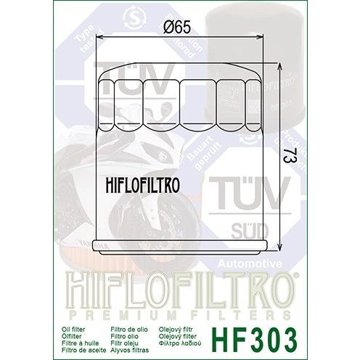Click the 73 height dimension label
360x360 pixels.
[x=291, y=157]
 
